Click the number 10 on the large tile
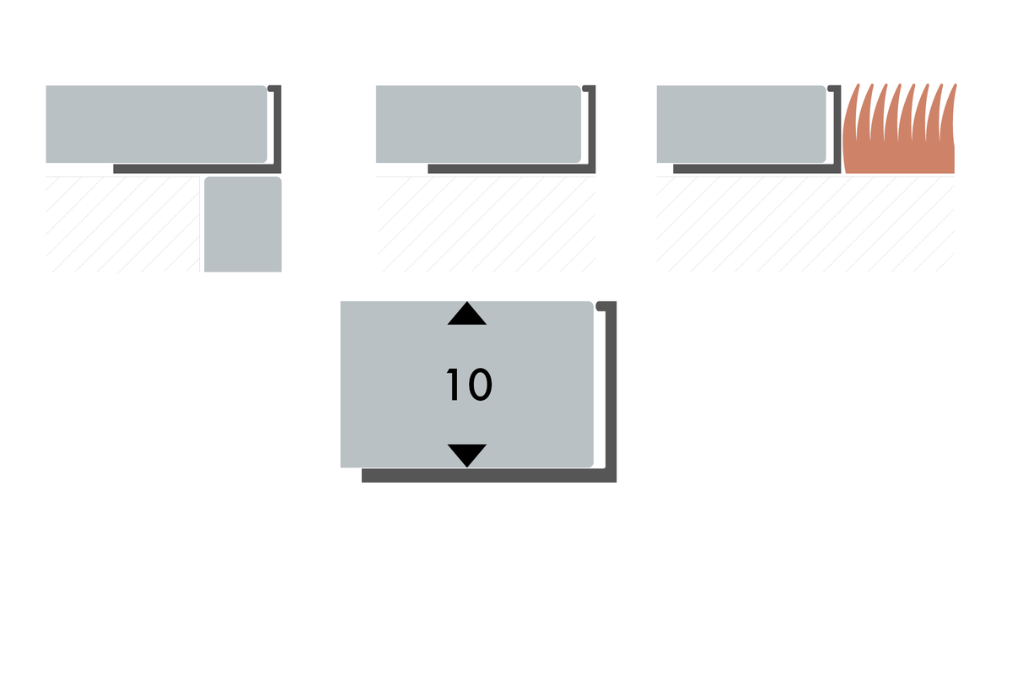tap(469, 384)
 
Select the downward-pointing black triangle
tap(466, 455)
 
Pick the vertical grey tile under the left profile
tap(243, 224)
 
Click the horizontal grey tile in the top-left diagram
tap(156, 124)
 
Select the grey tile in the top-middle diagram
tap(478, 124)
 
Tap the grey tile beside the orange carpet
tap(741, 124)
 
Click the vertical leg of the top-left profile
tap(277, 129)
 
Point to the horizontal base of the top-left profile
tap(197, 169)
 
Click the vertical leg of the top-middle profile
tap(592, 129)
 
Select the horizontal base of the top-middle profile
tap(511, 169)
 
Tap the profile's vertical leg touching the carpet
tap(837, 129)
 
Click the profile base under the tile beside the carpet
tap(756, 169)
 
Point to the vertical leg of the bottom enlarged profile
tap(611, 391)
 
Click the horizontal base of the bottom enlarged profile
tap(489, 476)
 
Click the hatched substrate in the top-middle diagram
tap(486, 224)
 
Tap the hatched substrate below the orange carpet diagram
tap(805, 224)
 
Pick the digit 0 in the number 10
tap(480, 385)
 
